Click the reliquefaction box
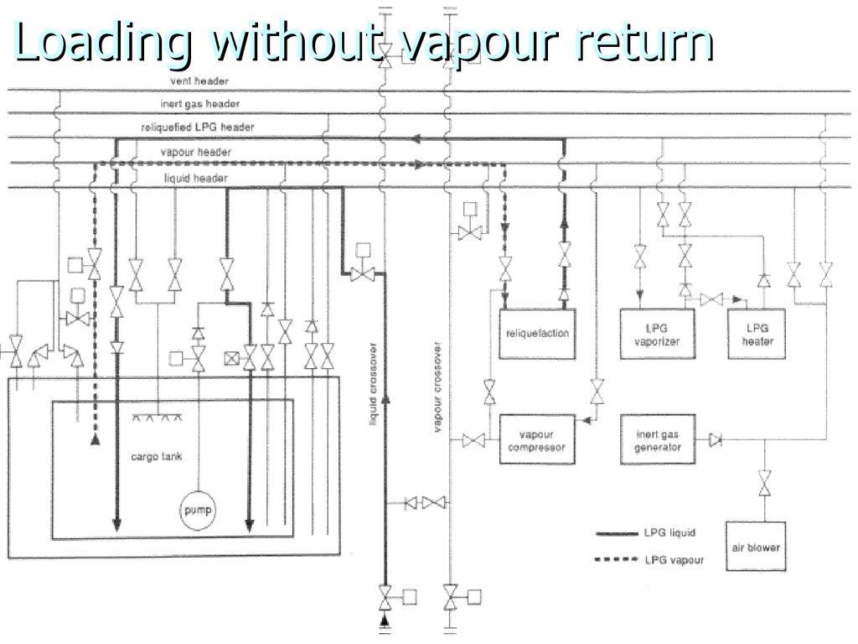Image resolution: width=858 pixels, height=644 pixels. click(537, 334)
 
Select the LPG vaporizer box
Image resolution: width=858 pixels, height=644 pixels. click(657, 334)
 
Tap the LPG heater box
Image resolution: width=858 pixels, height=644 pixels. click(757, 334)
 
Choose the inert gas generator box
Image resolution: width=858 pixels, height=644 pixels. click(657, 440)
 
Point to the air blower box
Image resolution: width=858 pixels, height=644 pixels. click(757, 548)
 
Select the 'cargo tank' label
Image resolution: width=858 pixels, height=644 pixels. click(157, 457)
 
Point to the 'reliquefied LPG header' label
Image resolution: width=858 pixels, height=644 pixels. click(198, 127)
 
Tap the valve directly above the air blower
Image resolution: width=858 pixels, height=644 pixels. click(765, 484)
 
